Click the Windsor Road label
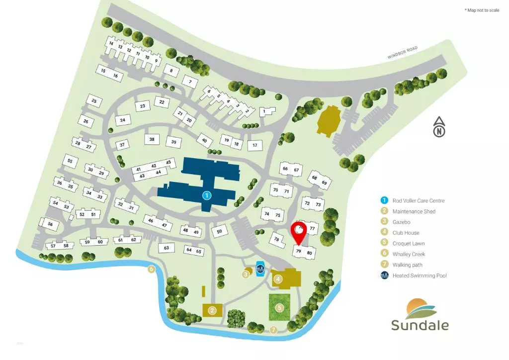tap(403, 53)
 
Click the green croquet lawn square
tap(279, 307)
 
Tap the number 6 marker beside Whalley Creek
tap(152, 270)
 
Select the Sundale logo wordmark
tap(420, 326)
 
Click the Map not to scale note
tap(482, 10)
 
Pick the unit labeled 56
tap(50, 224)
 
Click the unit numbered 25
tap(94, 101)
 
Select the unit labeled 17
tap(254, 145)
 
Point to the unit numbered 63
tap(167, 248)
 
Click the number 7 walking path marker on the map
tap(273, 330)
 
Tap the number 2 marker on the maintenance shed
tap(212, 310)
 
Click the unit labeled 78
tap(276, 239)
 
